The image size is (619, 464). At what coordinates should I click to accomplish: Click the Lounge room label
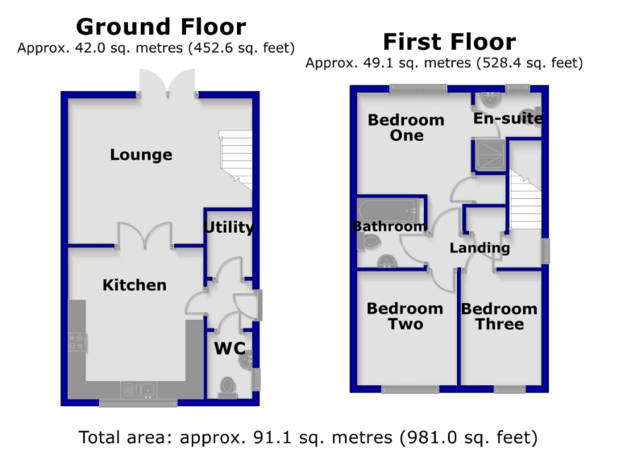141,155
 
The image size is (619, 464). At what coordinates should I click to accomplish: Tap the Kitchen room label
135,285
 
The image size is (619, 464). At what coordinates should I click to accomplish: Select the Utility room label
229,228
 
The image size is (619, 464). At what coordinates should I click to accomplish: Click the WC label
230,350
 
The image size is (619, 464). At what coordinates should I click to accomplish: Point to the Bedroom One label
406,128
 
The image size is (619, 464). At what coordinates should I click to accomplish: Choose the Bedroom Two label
405,317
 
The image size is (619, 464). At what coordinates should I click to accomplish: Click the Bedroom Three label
499,317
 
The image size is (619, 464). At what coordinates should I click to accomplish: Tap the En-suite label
508,119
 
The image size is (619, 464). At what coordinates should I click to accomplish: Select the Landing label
480,248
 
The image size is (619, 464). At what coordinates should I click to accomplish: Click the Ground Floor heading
161,27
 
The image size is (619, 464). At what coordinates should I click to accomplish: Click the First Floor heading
449,42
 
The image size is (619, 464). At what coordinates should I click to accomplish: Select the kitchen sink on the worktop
137,391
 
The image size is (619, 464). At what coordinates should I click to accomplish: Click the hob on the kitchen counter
78,342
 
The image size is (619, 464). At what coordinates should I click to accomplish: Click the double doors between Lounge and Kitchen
145,237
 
